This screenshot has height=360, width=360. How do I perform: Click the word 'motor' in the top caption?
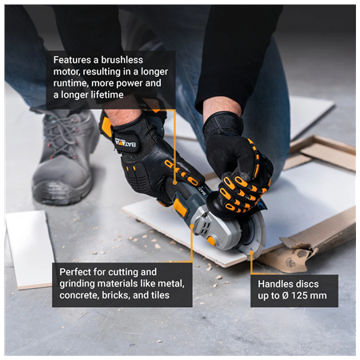(67, 72)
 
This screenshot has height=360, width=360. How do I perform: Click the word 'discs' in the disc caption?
(315, 283)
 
